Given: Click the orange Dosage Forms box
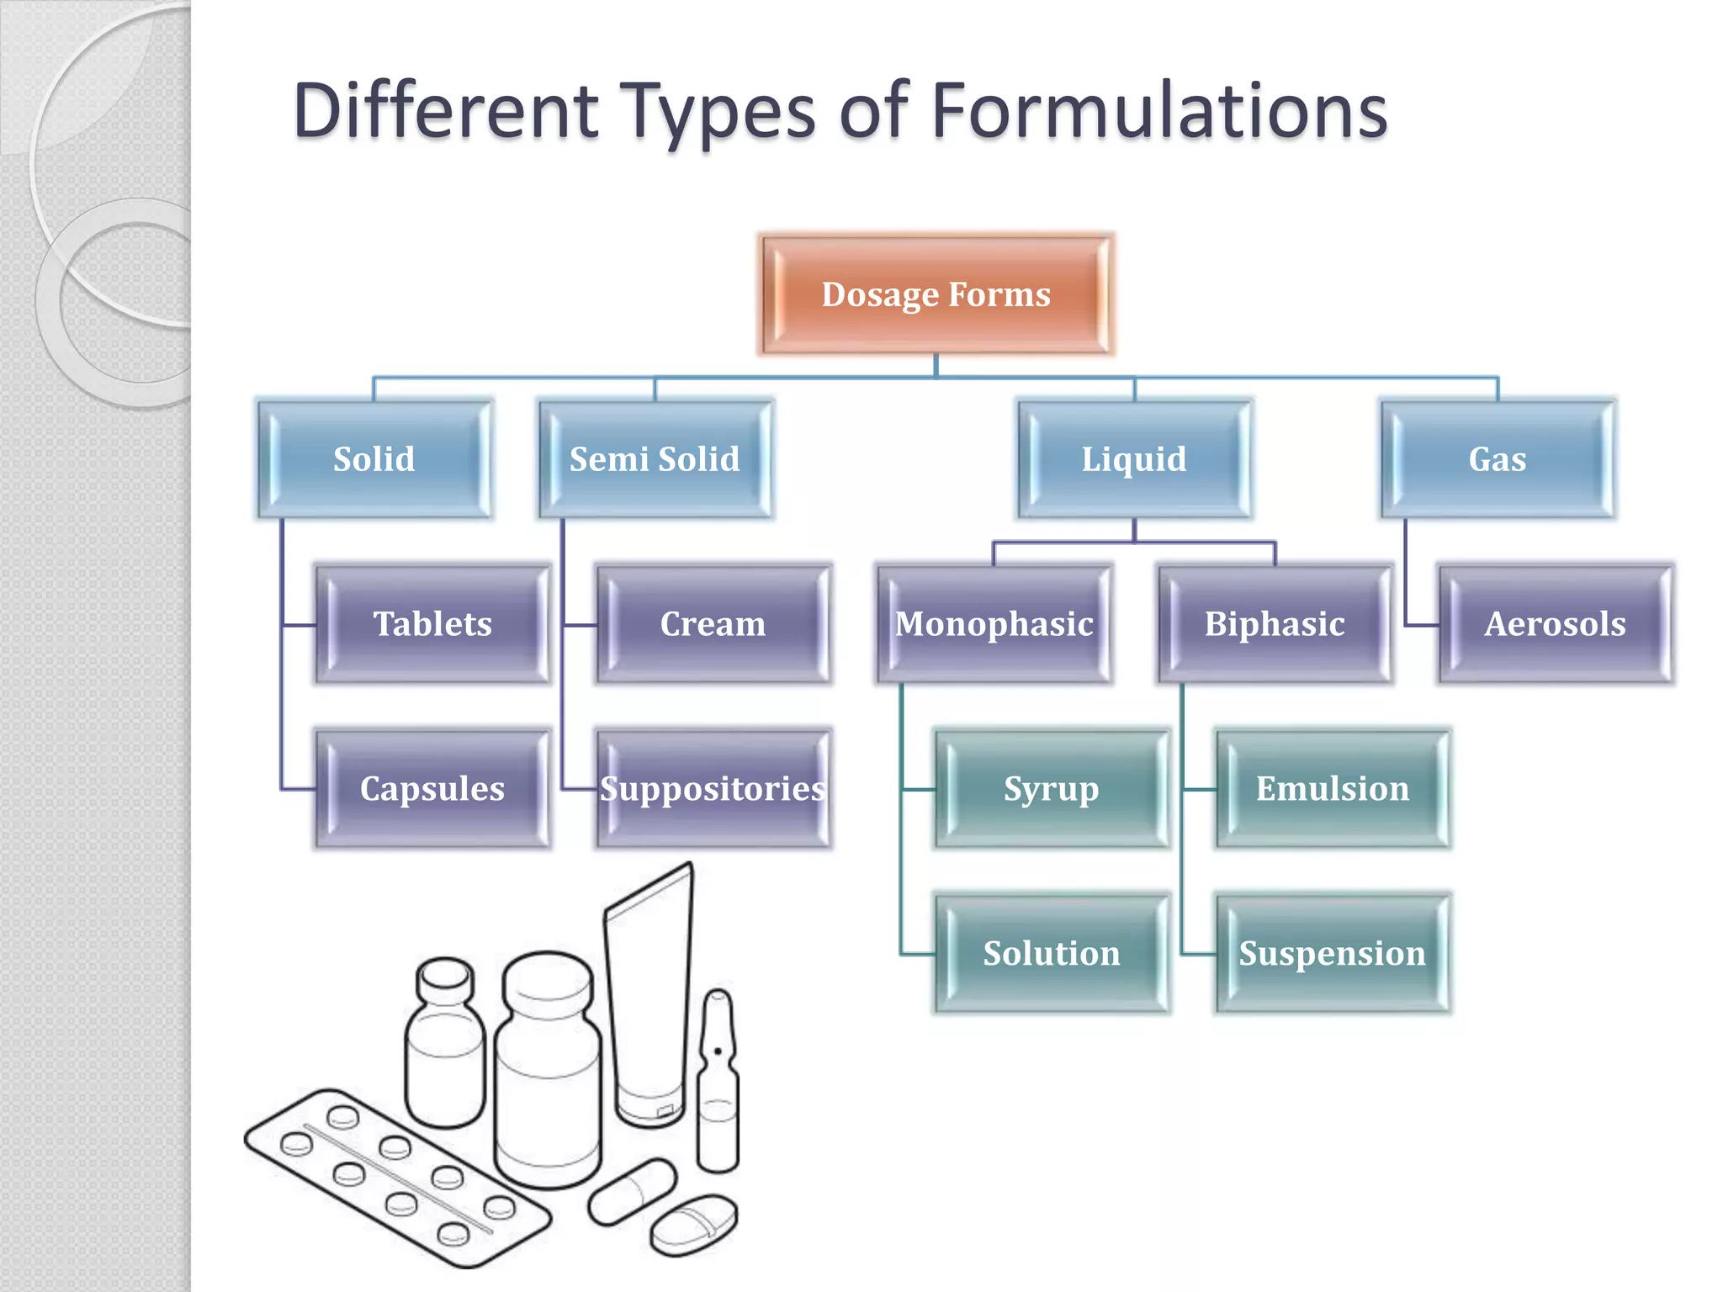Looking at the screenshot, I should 936,294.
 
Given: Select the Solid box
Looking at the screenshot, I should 374,459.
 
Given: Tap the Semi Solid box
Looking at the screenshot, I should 655,459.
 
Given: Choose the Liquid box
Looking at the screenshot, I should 1134,459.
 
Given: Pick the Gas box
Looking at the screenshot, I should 1498,459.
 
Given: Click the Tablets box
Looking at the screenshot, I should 432,624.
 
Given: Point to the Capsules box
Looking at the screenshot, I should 432,789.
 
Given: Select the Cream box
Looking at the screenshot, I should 713,624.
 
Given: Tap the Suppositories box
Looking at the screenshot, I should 713,789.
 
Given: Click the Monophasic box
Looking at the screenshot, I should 994,624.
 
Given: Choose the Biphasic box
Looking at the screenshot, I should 1275,624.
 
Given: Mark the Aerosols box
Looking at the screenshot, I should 1556,624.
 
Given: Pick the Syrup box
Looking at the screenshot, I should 1052,789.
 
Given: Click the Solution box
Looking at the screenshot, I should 1052,954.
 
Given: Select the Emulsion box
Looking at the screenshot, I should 1333,789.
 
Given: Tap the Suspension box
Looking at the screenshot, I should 1333,954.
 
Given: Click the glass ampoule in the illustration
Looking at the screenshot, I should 718,1085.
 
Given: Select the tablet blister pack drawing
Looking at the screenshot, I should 395,1178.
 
